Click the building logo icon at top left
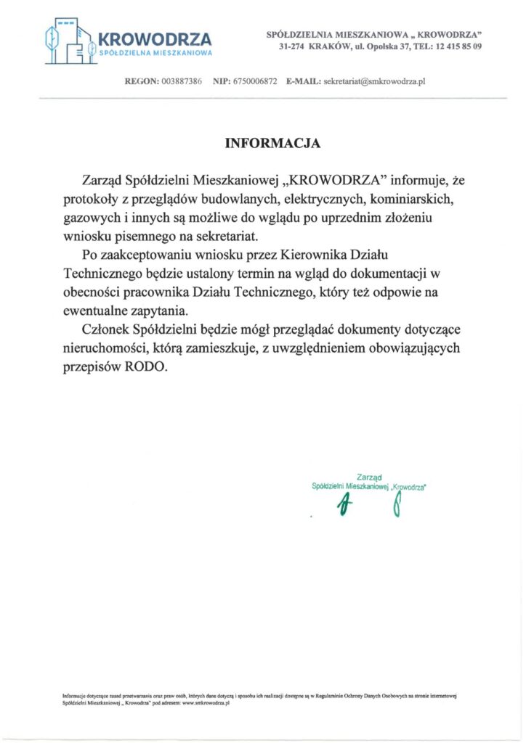click(x=69, y=42)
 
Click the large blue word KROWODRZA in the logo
click(x=154, y=38)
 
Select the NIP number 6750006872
click(x=255, y=81)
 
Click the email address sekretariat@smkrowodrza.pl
click(x=373, y=81)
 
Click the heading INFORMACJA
click(x=272, y=143)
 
